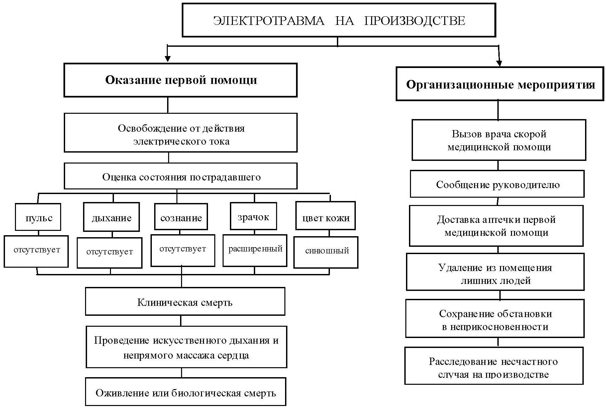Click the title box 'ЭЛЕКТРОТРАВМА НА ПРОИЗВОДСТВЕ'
coord(339,21)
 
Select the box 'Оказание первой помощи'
coord(180,80)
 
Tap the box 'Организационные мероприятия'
coord(500,84)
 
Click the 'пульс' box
coord(38,218)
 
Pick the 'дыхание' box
coord(111,218)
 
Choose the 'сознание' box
coord(181,218)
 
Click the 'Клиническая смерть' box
coord(185,302)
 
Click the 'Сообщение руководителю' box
coord(497,184)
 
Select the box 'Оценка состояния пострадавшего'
coord(180,176)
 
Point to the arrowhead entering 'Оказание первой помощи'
coord(168,59)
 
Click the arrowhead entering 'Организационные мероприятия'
coord(499,63)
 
